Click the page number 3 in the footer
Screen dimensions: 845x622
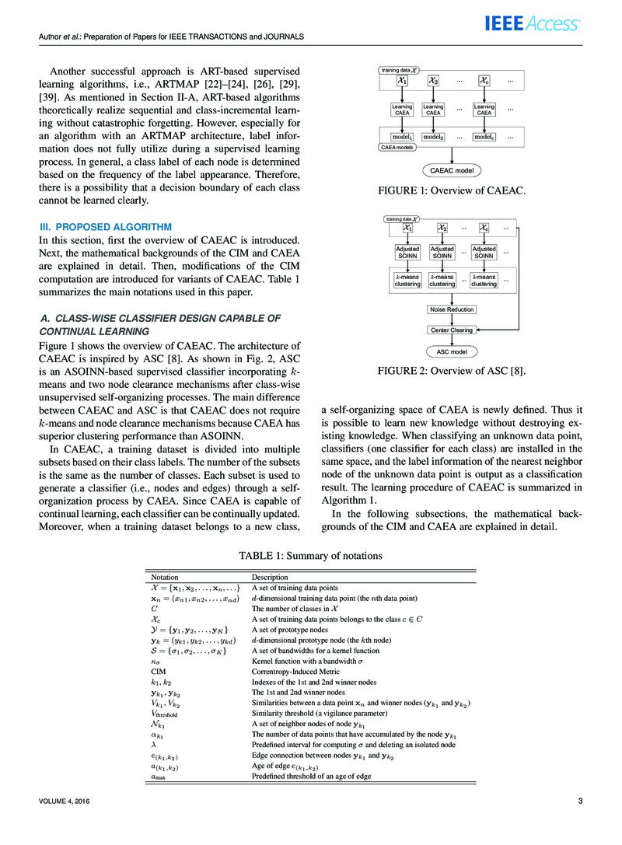pyautogui.click(x=580, y=801)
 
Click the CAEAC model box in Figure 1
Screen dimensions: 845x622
pyautogui.click(x=452, y=170)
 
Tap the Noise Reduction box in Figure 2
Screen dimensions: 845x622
pyautogui.click(x=452, y=309)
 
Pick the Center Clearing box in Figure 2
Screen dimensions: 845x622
pyautogui.click(x=452, y=330)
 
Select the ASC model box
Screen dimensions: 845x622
pyautogui.click(x=452, y=351)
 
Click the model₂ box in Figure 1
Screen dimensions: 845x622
pyautogui.click(x=433, y=137)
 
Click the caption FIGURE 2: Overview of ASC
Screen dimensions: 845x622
pyautogui.click(x=452, y=371)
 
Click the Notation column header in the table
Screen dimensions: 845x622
pyautogui.click(x=164, y=578)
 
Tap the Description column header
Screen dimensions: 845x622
pyautogui.click(x=270, y=578)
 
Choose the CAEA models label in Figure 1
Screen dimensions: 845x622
pyautogui.click(x=399, y=146)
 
